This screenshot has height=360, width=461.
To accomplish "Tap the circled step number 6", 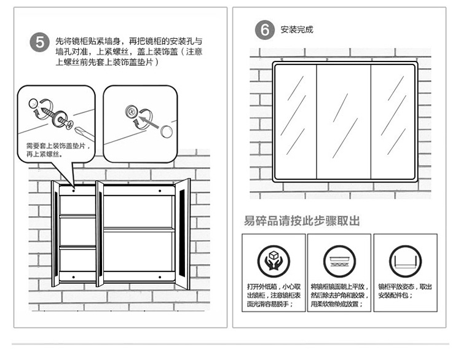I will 264,29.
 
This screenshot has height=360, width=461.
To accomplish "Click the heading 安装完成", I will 297,29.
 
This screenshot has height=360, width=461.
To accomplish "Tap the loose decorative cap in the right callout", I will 165,131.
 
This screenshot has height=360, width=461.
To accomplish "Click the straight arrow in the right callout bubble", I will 145,119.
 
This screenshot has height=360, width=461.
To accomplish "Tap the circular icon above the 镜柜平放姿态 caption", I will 404,260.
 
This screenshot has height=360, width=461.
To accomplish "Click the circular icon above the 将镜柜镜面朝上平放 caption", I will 337,260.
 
